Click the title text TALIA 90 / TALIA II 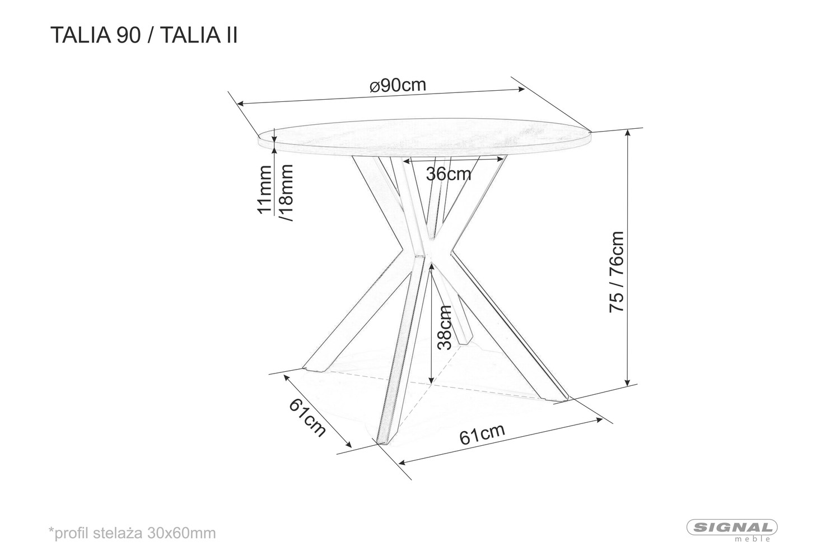tap(144, 36)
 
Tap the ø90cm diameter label tap(398, 86)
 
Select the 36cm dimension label tap(449, 174)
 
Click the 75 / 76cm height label tap(616, 272)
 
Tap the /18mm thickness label tap(286, 193)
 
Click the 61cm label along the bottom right tap(482, 435)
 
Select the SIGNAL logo tap(731, 528)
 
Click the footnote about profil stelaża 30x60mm tap(132, 533)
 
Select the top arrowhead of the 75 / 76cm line tap(627, 133)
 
